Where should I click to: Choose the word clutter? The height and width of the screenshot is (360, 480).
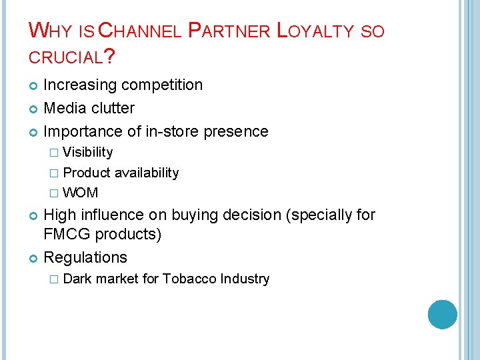pyautogui.click(x=112, y=108)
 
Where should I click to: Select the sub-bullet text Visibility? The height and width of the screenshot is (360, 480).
pyautogui.click(x=87, y=153)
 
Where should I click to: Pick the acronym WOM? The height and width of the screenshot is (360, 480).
pyautogui.click(x=81, y=193)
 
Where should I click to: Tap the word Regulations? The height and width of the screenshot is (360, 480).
pyautogui.click(x=85, y=257)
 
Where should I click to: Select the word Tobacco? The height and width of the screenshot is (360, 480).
pyautogui.click(x=193, y=279)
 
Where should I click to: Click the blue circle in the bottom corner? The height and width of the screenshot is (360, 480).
pyautogui.click(x=443, y=315)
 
